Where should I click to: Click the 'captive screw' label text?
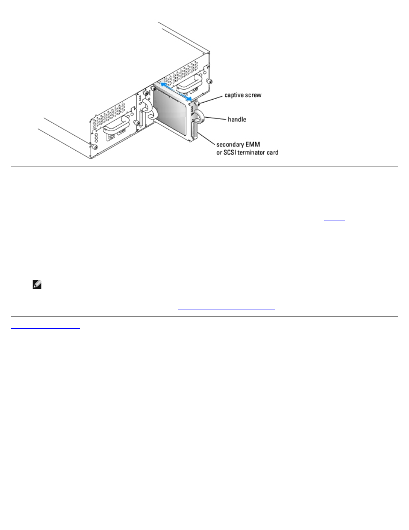tap(243, 95)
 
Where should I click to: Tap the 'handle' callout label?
tap(237, 119)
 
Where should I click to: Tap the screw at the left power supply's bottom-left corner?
tap(95, 147)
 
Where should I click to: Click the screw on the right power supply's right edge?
tap(208, 82)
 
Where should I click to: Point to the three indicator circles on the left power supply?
tap(96, 137)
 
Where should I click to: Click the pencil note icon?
tap(37, 284)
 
